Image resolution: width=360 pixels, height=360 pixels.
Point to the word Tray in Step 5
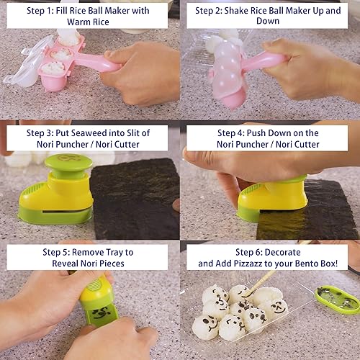click(121, 251)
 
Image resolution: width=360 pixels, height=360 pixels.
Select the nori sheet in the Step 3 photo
click(137, 198)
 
